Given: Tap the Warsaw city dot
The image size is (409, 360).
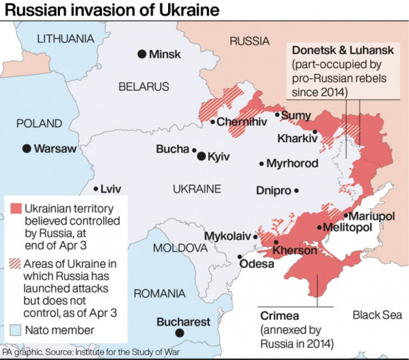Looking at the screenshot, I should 26,149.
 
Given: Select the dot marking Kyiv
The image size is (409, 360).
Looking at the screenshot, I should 201,156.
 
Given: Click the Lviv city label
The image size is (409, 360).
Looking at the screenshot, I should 110,189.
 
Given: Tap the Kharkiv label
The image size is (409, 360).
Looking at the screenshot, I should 296,139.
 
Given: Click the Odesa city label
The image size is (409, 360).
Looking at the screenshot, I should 257,264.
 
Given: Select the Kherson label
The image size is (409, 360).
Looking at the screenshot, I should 294,250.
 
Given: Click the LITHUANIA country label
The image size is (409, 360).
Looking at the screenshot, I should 65,38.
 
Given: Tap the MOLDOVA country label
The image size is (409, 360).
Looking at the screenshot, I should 180,247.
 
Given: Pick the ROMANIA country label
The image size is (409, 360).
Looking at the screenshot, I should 159,293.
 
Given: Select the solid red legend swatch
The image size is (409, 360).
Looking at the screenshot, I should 16,208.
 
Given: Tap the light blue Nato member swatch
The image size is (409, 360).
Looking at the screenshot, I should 16,330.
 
